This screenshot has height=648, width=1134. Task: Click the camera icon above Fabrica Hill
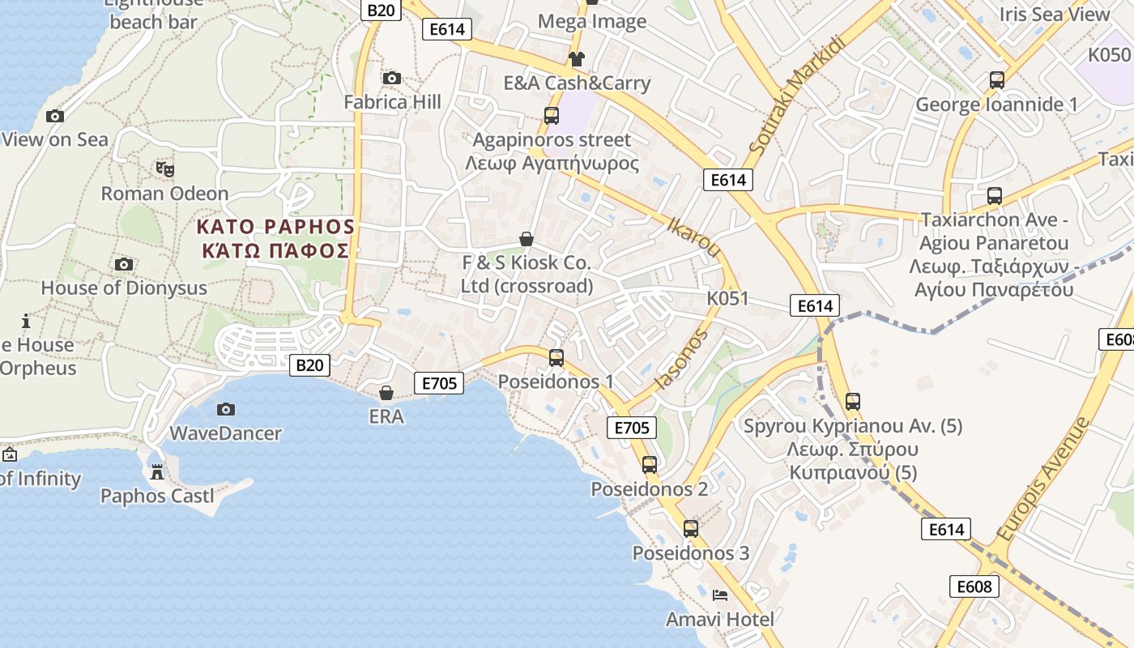(392, 78)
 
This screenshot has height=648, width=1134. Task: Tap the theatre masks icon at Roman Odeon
(165, 169)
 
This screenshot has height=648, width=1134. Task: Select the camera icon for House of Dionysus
(124, 264)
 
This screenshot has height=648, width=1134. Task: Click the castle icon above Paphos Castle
(157, 471)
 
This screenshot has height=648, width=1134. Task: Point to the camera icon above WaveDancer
(226, 409)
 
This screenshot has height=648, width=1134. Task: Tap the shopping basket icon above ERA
(386, 393)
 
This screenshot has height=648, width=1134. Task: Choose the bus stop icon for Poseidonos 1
(556, 357)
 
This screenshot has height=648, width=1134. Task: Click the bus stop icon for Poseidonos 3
(690, 529)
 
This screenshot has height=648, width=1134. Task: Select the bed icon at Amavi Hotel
(719, 595)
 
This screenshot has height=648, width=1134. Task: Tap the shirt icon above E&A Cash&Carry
(576, 59)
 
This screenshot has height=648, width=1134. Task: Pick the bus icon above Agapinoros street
(552, 116)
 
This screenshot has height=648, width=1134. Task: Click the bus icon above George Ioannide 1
(996, 80)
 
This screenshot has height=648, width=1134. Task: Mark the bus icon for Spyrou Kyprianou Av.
(852, 401)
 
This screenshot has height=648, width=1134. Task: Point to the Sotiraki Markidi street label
(796, 96)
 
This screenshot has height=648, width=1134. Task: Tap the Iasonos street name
(680, 359)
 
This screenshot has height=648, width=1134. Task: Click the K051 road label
(727, 298)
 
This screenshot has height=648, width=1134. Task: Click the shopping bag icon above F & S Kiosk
(526, 238)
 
